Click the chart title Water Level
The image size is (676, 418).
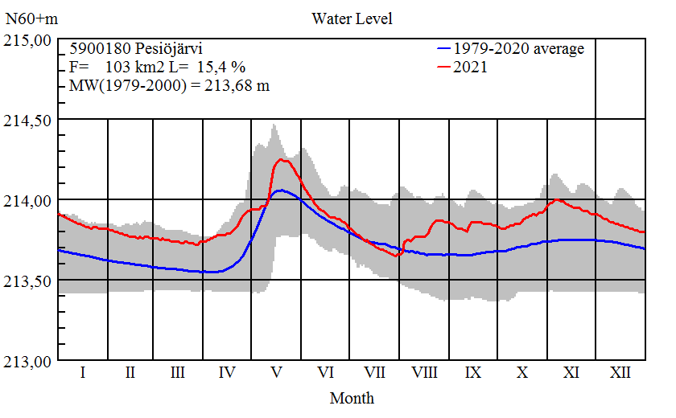352,18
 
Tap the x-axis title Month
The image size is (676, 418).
352,397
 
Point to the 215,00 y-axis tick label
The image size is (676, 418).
29,40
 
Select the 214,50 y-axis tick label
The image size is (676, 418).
29,120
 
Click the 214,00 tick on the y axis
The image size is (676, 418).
29,200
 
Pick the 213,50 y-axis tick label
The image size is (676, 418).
29,281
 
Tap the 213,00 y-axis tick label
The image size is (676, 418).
29,361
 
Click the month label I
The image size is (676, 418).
82,373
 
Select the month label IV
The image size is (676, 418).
227,373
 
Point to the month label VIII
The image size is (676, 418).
424,373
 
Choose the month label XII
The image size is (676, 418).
620,373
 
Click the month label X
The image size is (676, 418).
522,373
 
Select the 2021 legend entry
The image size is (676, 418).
471,67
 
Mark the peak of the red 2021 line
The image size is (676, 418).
281,159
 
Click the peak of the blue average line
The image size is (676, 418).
279,190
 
